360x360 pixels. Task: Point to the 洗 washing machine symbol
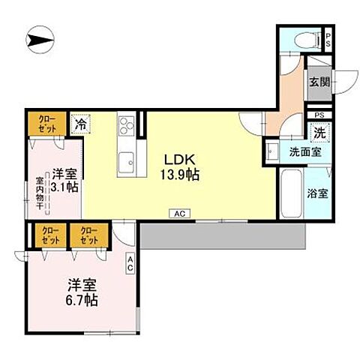319,130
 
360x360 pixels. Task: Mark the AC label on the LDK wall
180,214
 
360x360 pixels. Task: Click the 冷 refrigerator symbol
79,124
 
